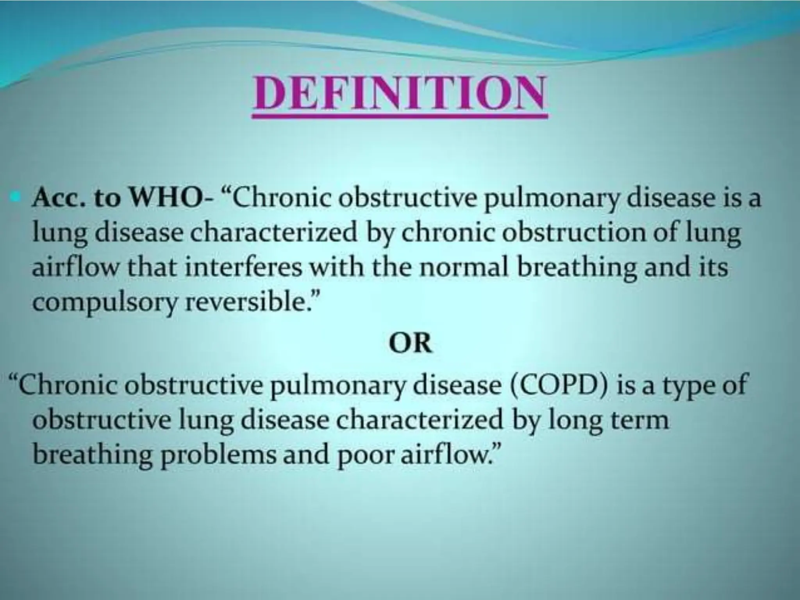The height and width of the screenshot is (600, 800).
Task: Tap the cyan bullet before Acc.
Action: [16, 200]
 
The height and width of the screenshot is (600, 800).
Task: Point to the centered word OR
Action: [410, 344]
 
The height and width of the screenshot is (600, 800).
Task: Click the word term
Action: [639, 420]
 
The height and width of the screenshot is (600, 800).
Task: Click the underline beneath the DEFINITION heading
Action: [399, 115]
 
